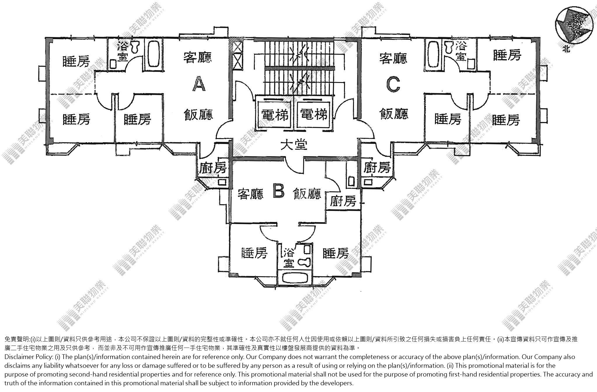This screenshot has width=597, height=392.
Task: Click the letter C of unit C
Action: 393,84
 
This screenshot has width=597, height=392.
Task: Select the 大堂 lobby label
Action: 294,145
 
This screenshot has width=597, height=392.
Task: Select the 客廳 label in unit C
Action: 393,58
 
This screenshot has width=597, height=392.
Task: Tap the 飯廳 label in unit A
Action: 198,114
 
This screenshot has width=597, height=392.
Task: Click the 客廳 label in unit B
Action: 250,194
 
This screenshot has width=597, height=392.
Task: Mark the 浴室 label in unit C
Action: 461,51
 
